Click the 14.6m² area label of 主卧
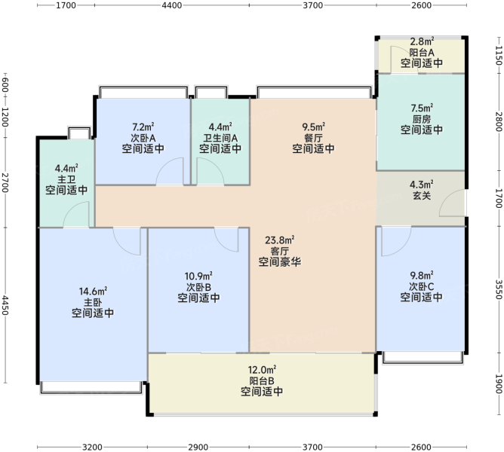pos(93,292)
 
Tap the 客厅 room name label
pos(280,251)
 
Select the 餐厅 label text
pos(313,138)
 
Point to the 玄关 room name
pos(422,196)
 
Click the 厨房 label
pos(422,119)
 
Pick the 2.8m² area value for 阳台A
pos(422,41)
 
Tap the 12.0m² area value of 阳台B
pos(262,370)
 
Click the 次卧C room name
pos(422,286)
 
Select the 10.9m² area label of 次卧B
pos(198,276)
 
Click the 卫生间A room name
pos(220,138)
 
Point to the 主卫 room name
pos(66,179)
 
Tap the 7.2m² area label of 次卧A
pos(143,127)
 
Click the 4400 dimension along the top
pos(171,5)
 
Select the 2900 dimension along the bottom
pos(198,447)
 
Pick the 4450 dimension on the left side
pos(5,305)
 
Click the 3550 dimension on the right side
pos(499,289)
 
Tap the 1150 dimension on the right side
pos(499,55)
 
